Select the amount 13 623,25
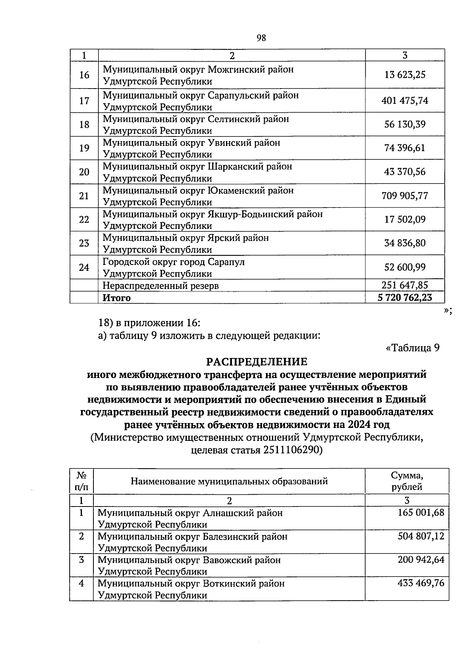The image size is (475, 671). point(405,75)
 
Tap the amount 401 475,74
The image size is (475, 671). point(405,100)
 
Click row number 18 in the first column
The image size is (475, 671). point(84,125)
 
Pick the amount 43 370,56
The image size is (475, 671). point(405,172)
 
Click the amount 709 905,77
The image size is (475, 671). point(405,196)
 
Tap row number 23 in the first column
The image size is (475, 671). point(84,243)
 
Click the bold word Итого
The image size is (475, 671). point(116,298)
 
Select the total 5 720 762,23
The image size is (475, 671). point(405,297)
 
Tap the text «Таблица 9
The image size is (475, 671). point(412,348)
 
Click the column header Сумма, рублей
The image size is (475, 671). point(407,481)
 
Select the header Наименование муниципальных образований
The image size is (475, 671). point(229,481)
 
